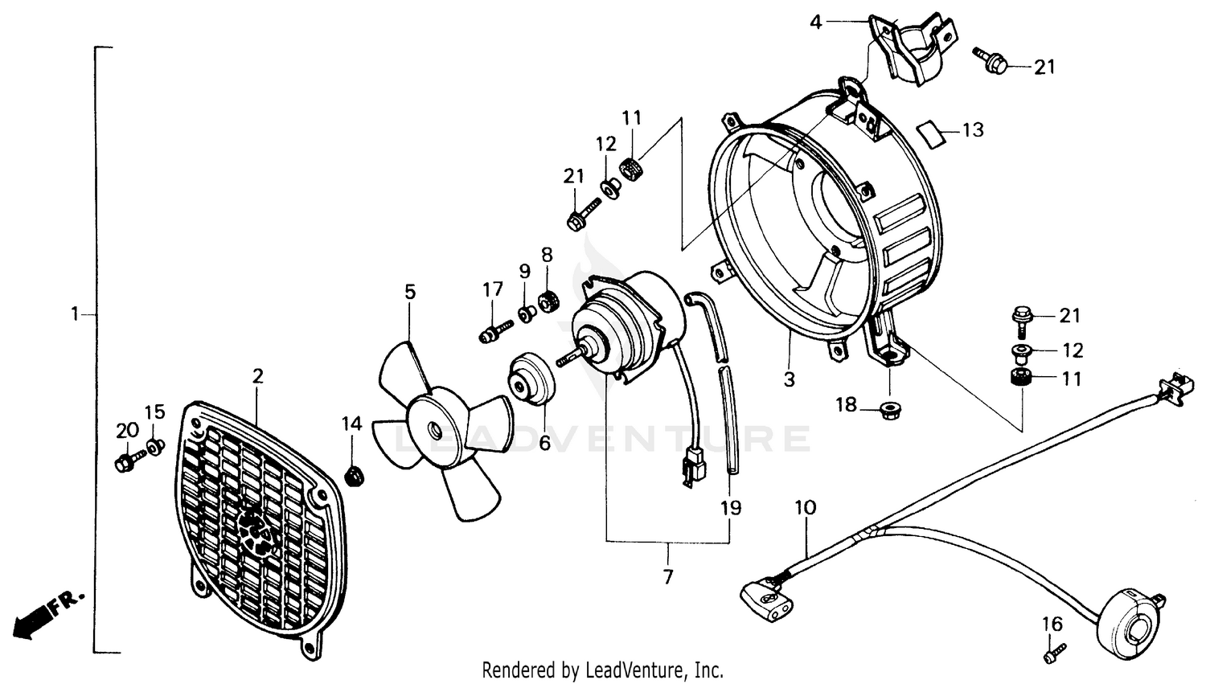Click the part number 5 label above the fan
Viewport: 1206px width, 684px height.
pyautogui.click(x=410, y=292)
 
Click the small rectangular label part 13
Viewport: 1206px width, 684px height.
pyautogui.click(x=933, y=133)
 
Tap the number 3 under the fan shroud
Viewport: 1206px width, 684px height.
pyautogui.click(x=789, y=379)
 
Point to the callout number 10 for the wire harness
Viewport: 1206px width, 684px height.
pyautogui.click(x=805, y=507)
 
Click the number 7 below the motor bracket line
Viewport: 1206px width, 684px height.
pyautogui.click(x=668, y=576)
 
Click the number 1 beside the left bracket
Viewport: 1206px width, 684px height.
pyautogui.click(x=75, y=314)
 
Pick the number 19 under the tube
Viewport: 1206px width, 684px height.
pyautogui.click(x=731, y=508)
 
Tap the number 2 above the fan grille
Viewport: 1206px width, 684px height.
pyautogui.click(x=257, y=375)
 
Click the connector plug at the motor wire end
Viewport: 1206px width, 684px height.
pyautogui.click(x=691, y=469)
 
